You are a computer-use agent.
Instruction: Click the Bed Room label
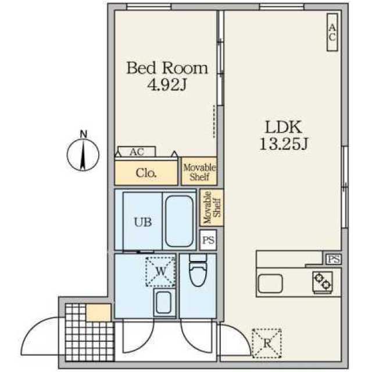tap(167, 68)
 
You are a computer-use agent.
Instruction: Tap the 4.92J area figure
tap(167, 85)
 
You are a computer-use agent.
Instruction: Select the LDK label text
tap(284, 127)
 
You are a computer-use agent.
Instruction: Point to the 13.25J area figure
tap(284, 144)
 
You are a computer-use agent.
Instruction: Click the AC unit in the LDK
tap(332, 33)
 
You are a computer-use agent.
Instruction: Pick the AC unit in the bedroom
tap(137, 152)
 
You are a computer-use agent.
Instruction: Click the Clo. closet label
tap(146, 173)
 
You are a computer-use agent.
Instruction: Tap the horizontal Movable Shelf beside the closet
tap(199, 171)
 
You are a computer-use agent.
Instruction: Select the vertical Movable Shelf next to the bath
tap(212, 208)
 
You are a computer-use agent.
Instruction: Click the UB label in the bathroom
tap(143, 222)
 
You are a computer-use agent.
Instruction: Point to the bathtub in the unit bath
tap(179, 221)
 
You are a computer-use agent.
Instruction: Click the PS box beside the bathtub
tap(208, 240)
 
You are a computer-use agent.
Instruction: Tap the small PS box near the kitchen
tap(334, 259)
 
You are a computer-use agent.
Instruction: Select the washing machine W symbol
tap(160, 271)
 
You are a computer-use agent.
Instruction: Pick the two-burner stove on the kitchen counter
tap(323, 282)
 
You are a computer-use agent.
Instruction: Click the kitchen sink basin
tap(270, 284)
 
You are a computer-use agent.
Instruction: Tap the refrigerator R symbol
tap(267, 343)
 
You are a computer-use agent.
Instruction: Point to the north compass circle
tap(83, 155)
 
